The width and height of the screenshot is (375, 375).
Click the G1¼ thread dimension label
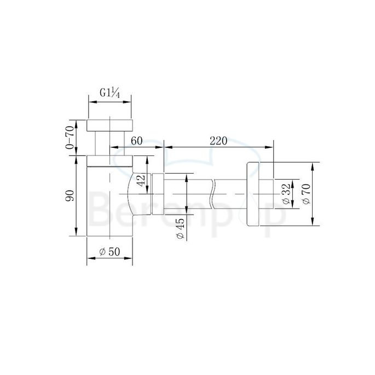point(110,93)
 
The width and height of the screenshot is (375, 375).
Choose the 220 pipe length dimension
point(218,140)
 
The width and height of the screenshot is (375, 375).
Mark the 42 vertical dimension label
point(141,182)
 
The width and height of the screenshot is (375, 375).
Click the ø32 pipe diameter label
point(286,193)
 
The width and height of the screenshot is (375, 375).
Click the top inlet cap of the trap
point(110,124)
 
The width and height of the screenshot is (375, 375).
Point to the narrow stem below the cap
point(102,143)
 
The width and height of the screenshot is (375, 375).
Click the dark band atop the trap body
point(110,161)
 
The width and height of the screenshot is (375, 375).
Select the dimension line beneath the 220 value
point(218,147)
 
